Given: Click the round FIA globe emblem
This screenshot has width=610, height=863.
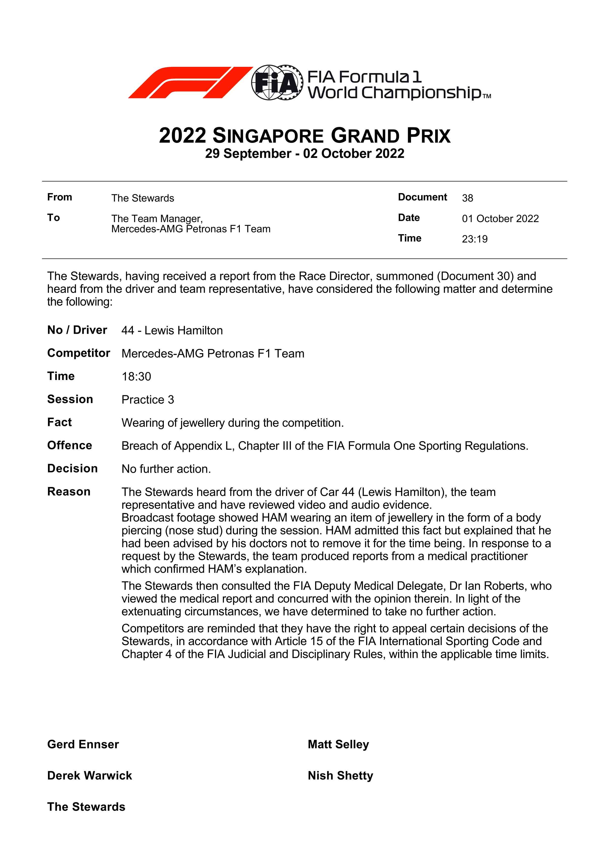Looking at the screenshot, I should tap(277, 82).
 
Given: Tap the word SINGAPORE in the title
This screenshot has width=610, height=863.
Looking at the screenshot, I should tap(268, 136).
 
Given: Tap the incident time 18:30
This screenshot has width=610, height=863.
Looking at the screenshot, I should tap(136, 377).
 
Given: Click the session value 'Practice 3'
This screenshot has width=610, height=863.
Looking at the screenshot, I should tap(148, 400).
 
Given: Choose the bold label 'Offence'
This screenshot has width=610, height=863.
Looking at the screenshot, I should tap(70, 445).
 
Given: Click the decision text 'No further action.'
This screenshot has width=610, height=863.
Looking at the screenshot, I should tap(166, 469).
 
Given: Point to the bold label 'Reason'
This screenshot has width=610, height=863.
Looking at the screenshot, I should tap(69, 492).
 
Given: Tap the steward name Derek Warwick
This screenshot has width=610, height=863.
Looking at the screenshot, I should tap(90, 775).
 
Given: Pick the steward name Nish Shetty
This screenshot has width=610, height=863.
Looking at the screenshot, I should tap(340, 775).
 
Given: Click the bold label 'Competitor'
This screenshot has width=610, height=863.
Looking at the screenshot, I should tap(78, 353).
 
